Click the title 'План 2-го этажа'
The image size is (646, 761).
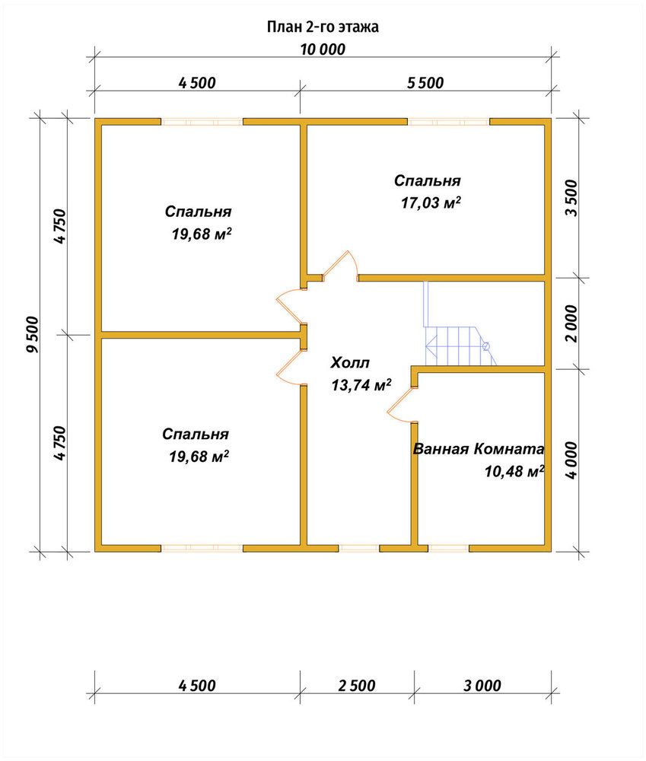click(x=323, y=27)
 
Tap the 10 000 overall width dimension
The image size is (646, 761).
click(x=323, y=49)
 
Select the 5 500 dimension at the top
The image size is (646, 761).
click(x=425, y=83)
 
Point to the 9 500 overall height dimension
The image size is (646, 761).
click(x=32, y=334)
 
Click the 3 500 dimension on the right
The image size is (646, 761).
click(x=571, y=198)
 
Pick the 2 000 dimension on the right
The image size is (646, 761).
click(x=571, y=323)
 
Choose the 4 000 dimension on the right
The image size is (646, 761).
click(x=571, y=460)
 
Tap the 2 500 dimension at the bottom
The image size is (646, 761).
click(x=357, y=686)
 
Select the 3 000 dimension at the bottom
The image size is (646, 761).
click(x=482, y=686)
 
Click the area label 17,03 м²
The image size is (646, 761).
click(x=431, y=202)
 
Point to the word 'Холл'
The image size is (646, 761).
click(x=350, y=362)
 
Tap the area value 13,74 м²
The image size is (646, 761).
click(x=361, y=385)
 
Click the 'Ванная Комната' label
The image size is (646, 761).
click(x=479, y=449)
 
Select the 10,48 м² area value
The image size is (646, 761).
click(x=514, y=471)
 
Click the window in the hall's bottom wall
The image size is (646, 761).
click(x=358, y=549)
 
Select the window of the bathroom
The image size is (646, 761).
click(x=449, y=549)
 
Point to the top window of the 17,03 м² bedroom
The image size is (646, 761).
click(x=448, y=121)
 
